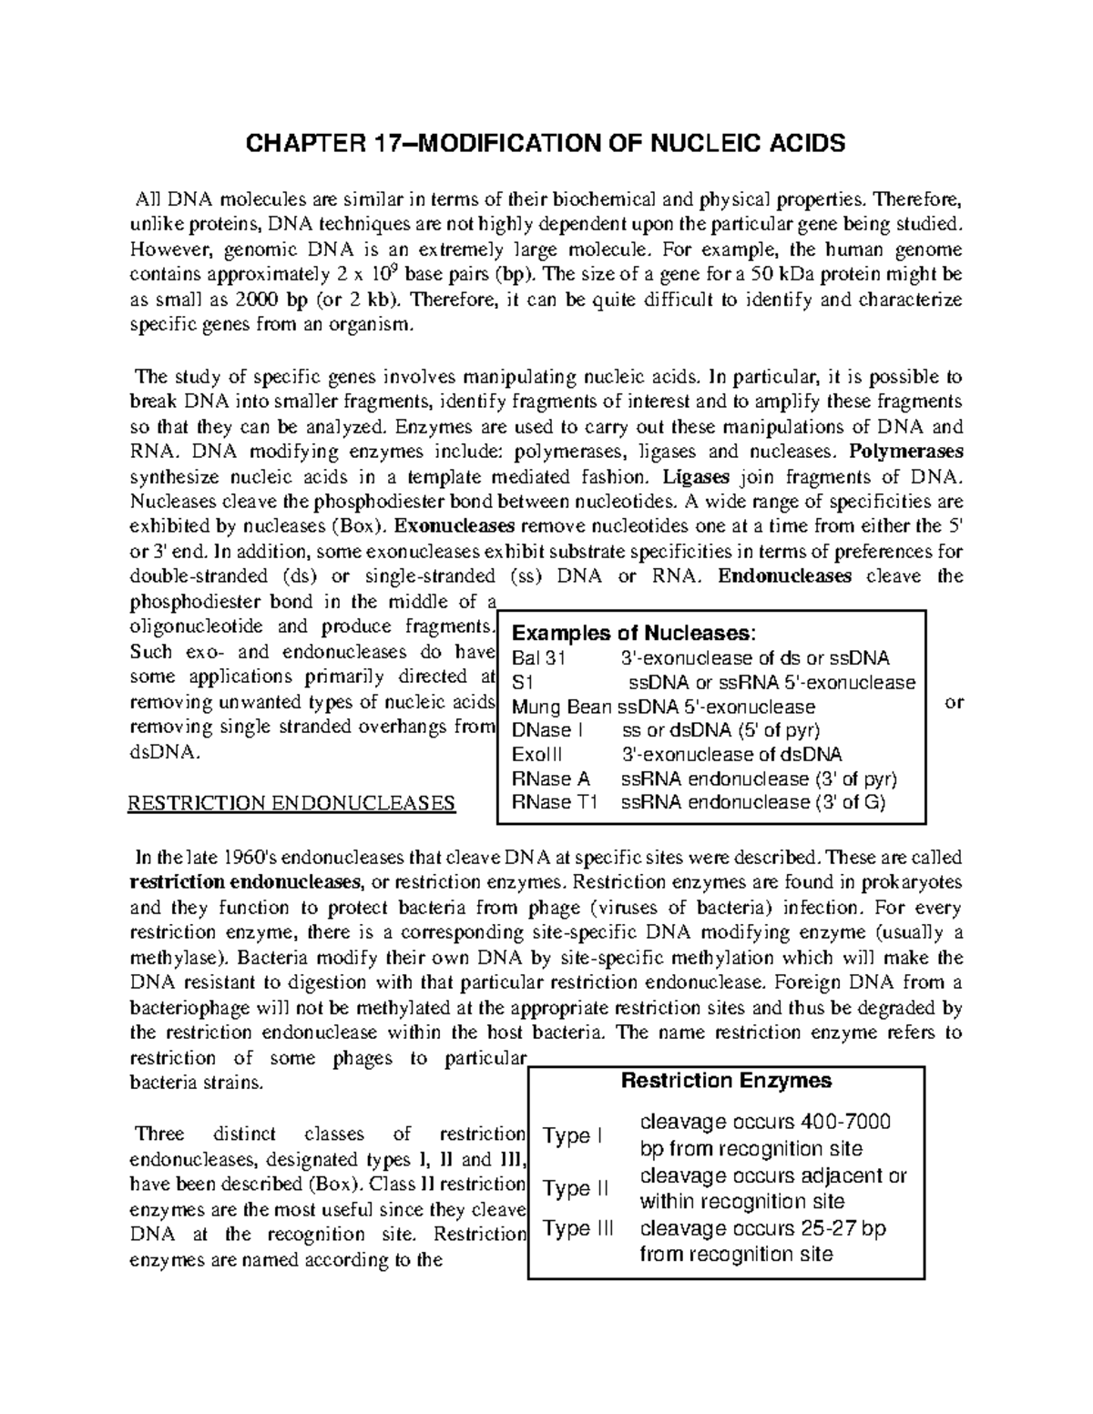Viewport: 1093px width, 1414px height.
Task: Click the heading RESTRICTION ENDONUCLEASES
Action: pos(291,803)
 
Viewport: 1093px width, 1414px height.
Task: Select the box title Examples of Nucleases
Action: pos(634,634)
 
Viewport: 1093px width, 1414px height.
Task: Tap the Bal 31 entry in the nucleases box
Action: pos(539,658)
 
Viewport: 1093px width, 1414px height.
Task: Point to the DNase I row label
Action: pos(542,730)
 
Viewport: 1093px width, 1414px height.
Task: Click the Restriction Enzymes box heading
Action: pos(726,1081)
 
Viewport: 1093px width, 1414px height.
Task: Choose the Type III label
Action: pos(578,1228)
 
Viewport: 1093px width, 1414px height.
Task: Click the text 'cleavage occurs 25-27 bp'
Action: pos(762,1228)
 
